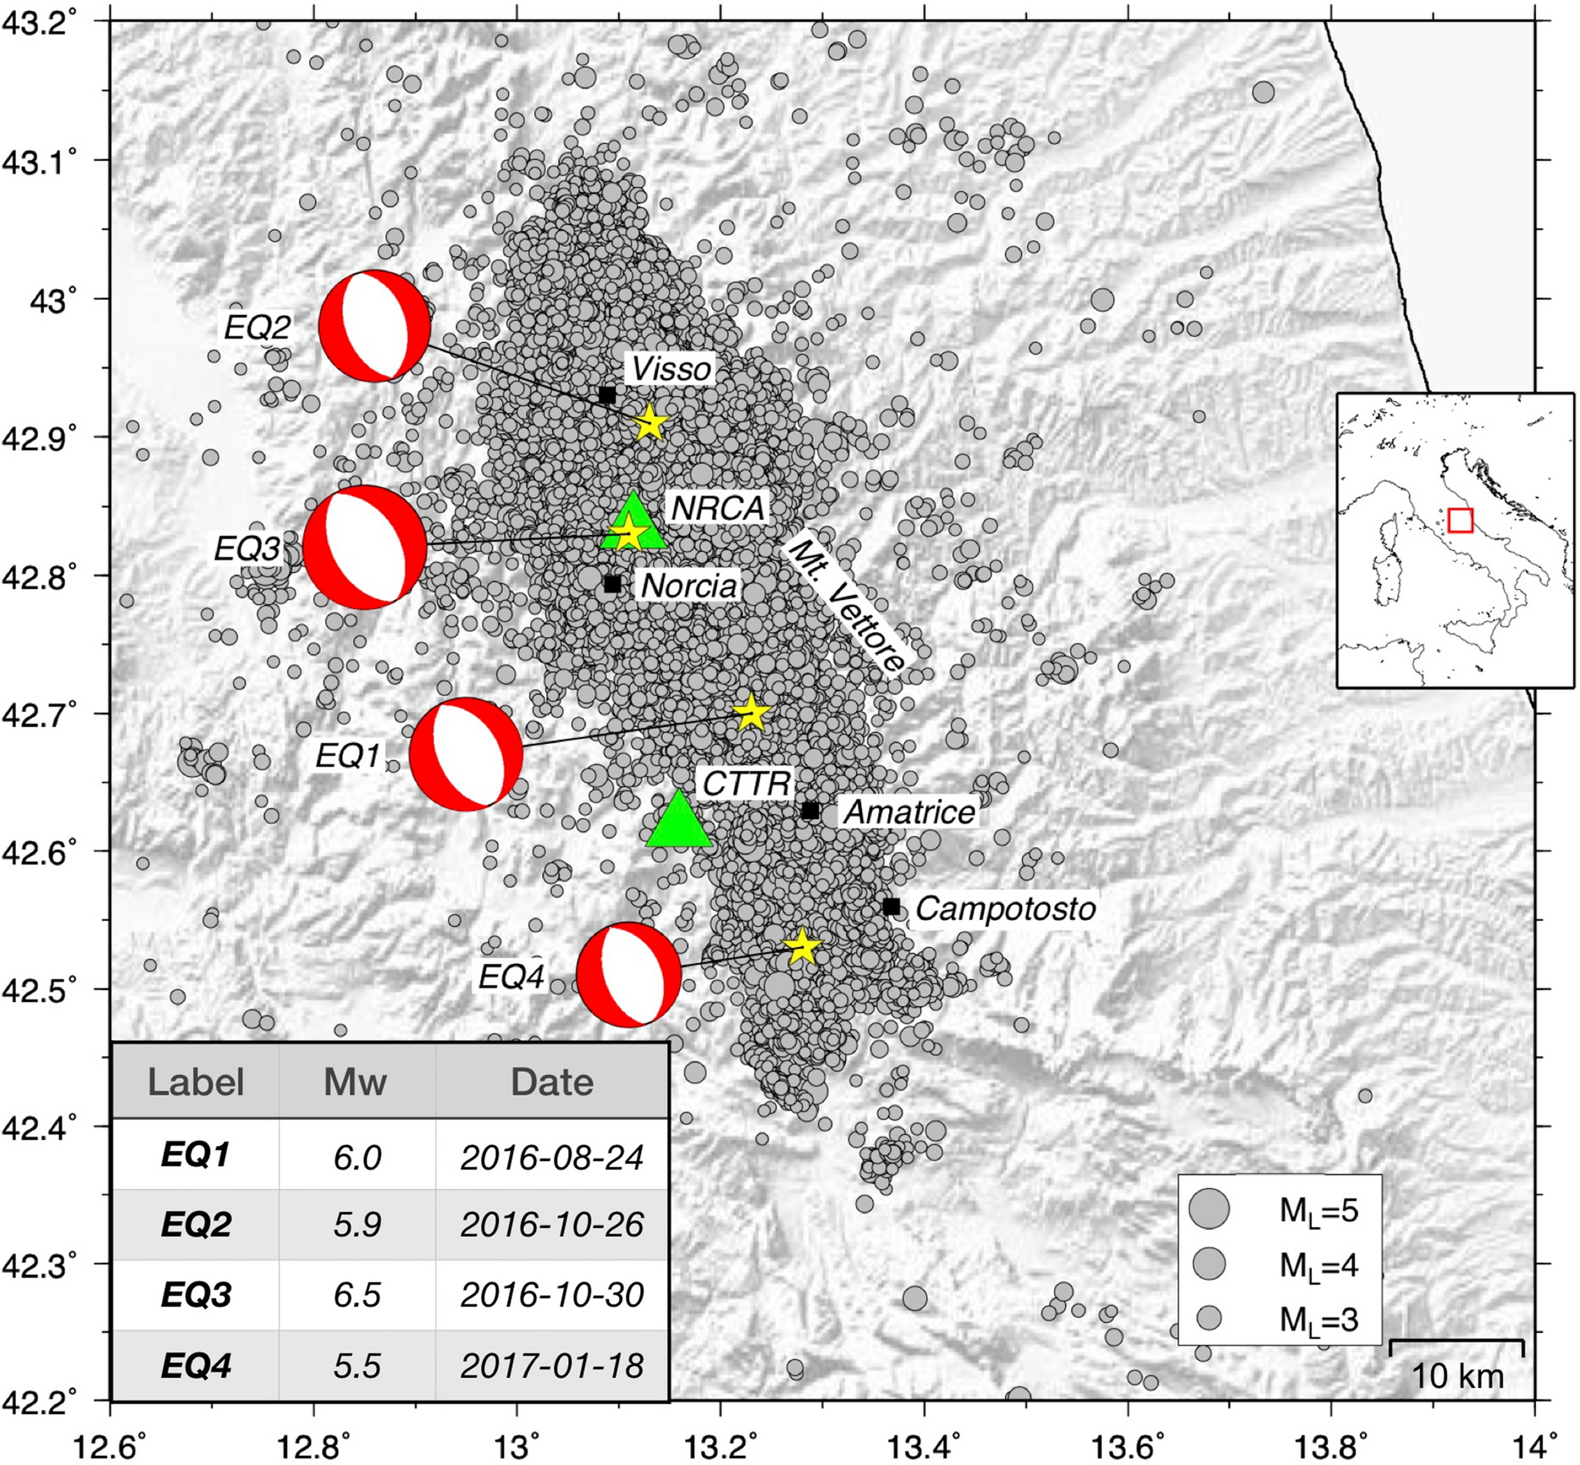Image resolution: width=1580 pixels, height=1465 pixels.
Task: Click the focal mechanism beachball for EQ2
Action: tap(374, 327)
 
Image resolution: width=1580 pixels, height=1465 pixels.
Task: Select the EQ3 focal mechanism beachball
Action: tap(365, 548)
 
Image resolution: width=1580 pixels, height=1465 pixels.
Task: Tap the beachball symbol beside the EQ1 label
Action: tap(466, 754)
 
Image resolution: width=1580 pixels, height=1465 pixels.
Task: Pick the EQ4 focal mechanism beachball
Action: tap(628, 975)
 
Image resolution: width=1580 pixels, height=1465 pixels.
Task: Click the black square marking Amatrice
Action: tap(810, 811)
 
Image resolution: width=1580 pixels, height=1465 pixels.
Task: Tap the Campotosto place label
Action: tap(1005, 909)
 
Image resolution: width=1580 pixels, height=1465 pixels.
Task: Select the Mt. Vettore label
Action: tap(847, 606)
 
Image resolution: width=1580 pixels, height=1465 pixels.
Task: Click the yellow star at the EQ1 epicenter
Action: tap(750, 713)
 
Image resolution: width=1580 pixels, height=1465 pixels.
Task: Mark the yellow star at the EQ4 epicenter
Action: tap(801, 947)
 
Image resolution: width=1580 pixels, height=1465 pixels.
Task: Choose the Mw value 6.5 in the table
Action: tap(356, 1295)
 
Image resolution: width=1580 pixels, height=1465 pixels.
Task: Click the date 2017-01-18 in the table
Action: tap(552, 1366)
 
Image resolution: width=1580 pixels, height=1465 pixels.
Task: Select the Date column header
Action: tap(552, 1082)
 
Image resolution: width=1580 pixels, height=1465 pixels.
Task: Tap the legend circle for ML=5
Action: tap(1208, 1208)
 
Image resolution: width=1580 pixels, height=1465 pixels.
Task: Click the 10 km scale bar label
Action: tap(1457, 1377)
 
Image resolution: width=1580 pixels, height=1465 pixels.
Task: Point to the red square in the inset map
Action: tap(1460, 520)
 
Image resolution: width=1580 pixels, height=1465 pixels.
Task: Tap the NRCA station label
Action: tap(718, 508)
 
